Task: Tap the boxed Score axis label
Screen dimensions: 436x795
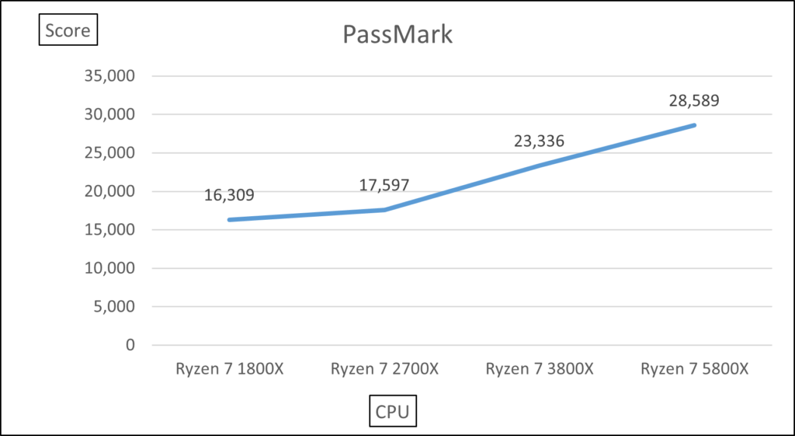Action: click(68, 31)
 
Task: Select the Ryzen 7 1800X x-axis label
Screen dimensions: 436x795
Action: click(229, 369)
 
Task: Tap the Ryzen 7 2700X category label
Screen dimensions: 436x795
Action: click(384, 369)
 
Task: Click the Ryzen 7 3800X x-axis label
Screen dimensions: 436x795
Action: click(540, 369)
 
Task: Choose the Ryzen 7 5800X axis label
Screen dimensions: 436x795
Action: click(694, 369)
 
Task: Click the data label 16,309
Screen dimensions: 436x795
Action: click(229, 194)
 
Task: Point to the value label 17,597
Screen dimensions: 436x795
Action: click(384, 185)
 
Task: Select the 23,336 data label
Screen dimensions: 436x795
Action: click(539, 141)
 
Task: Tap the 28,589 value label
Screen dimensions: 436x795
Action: click(694, 100)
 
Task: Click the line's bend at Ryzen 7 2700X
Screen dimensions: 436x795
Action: click(384, 210)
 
